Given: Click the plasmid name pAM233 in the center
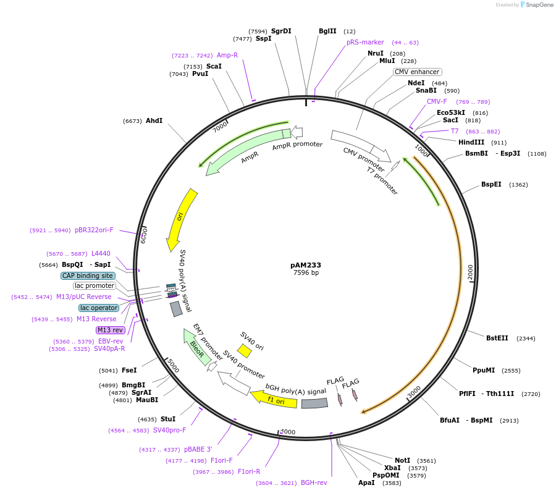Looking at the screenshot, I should (x=306, y=265).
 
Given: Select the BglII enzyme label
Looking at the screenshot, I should (x=327, y=31).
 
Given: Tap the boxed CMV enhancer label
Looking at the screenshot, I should (x=417, y=72).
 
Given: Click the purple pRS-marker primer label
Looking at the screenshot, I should (x=365, y=42).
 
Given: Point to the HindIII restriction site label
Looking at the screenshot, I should (x=471, y=142).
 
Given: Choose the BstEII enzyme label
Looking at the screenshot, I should (x=497, y=338).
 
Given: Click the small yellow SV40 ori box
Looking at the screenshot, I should (x=245, y=351).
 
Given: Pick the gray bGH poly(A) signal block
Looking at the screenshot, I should (x=314, y=403).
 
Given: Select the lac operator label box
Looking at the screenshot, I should (x=99, y=308).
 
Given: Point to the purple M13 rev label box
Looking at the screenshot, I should (x=111, y=330).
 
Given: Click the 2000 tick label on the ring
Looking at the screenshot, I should (x=471, y=272).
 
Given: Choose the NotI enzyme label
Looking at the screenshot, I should (x=402, y=460).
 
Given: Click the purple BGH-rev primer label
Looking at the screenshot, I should (x=314, y=482).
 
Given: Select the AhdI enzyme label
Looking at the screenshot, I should (x=154, y=120).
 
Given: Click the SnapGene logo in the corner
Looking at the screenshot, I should (x=537, y=5).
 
